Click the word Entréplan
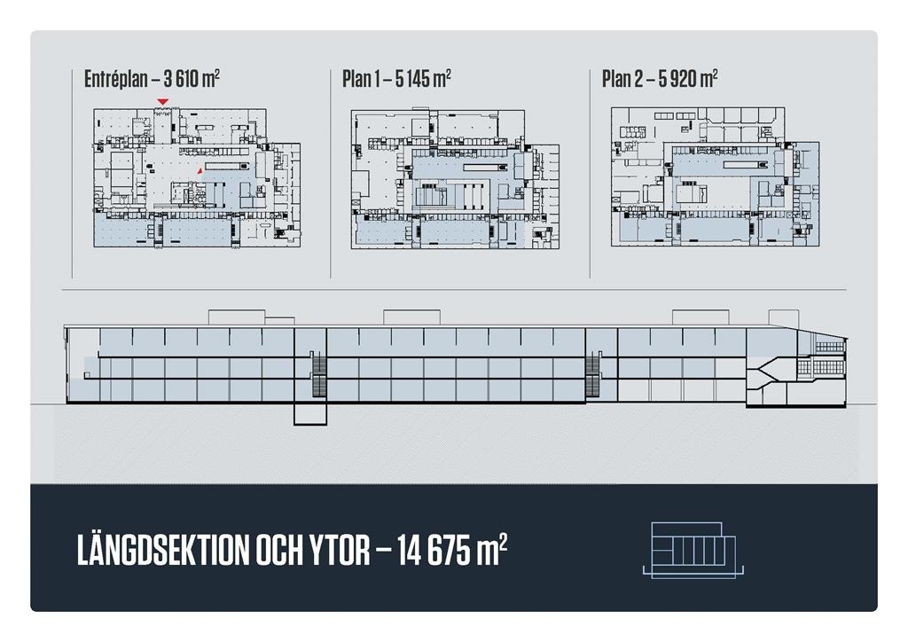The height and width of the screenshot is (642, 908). [116, 79]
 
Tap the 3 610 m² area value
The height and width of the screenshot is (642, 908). [192, 78]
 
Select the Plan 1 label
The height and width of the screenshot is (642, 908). [360, 79]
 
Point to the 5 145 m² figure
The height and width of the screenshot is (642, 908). [423, 78]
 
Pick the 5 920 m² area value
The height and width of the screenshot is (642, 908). [688, 78]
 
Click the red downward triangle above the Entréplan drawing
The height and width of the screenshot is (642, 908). [163, 102]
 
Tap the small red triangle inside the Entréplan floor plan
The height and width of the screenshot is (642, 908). [200, 171]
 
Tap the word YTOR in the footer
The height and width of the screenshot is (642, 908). [339, 550]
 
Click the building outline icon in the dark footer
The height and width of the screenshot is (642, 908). [693, 550]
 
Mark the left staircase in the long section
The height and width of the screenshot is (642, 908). [319, 374]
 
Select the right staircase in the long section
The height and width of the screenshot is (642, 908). [592, 374]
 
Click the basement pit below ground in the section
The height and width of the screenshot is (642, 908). [310, 413]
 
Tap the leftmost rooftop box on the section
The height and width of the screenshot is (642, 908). [237, 317]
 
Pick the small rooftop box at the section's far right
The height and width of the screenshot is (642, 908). [784, 317]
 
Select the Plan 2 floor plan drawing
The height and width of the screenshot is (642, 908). [716, 177]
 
